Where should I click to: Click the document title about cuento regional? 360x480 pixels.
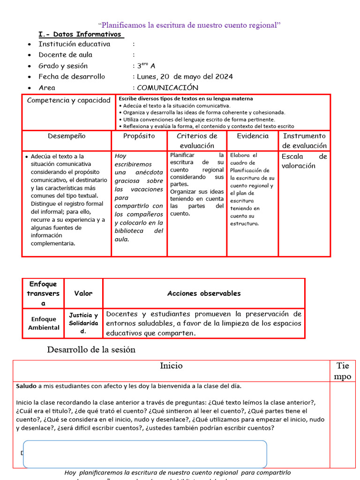tap(189, 25)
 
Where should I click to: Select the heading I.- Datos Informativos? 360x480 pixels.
tap(81, 34)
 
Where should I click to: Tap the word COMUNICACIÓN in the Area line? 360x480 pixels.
tap(167, 88)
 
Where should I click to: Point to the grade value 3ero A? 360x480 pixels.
tap(146, 66)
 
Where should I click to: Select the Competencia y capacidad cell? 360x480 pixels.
tap(69, 100)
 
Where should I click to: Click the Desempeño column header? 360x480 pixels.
tap(67, 136)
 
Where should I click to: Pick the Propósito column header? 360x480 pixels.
tap(139, 136)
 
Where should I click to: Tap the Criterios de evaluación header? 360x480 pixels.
tap(197, 141)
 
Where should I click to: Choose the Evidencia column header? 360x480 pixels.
tap(253, 136)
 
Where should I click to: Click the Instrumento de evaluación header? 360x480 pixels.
tap(304, 141)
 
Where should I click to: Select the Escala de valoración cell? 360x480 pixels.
tap(304, 161)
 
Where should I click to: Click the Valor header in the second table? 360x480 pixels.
tap(83, 293)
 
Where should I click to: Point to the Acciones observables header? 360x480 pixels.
tap(204, 293)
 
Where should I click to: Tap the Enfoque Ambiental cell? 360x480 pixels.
tap(44, 323)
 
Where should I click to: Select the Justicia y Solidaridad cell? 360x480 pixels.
tap(83, 323)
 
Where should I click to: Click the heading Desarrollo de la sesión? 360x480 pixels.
tap(91, 350)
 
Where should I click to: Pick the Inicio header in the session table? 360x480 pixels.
tap(172, 366)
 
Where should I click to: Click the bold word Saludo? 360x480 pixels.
tap(26, 386)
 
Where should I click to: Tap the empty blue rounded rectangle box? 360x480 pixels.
tap(145, 454)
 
